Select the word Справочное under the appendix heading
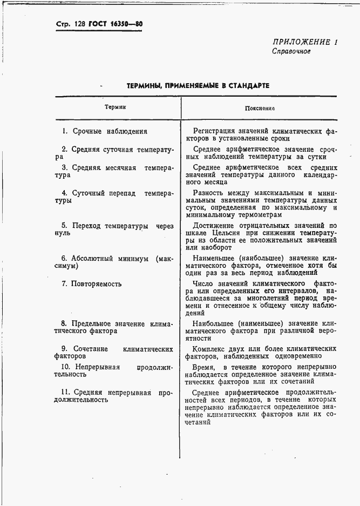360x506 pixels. pos(291,52)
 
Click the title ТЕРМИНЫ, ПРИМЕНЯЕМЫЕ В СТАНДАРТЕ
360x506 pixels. pos(198,86)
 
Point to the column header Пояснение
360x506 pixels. pos(260,108)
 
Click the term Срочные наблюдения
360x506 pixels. pos(109,131)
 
